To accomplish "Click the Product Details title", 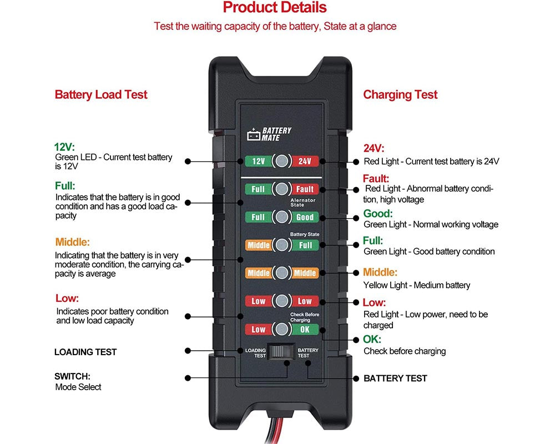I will tap(275, 8).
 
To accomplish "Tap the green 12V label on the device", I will tap(258, 162).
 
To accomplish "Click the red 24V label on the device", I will tap(305, 162).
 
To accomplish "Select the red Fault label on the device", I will tap(305, 189).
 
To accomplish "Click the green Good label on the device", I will tap(305, 217).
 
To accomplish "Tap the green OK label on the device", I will tap(305, 329).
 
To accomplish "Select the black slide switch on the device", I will tap(281, 352).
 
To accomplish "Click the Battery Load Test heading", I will tap(101, 95).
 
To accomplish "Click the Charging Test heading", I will tap(400, 95).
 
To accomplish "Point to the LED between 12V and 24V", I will tap(282, 162).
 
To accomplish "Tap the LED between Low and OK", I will tap(282, 329).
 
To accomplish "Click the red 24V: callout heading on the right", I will tap(374, 148).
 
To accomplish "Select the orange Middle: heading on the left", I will tap(72, 242).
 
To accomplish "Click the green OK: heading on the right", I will tap(372, 339).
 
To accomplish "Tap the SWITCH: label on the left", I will tap(72, 376).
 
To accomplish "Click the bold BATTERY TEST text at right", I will tap(395, 378).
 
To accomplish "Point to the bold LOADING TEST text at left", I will tap(85, 352).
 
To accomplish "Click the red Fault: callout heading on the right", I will tap(376, 178).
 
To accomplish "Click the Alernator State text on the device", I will tap(303, 202).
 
